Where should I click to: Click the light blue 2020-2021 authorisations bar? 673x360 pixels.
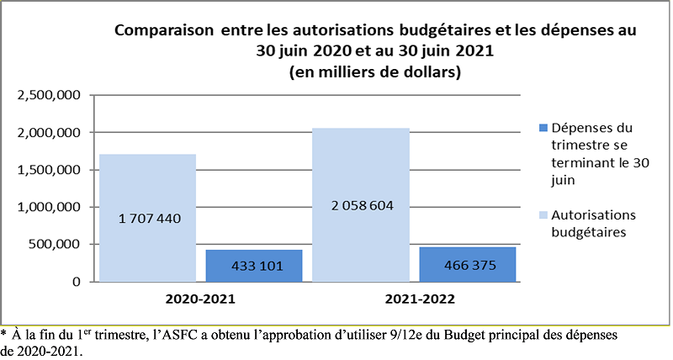148,218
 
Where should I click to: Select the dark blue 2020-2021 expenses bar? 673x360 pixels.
254,266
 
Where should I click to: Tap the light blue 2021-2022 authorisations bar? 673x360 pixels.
361,204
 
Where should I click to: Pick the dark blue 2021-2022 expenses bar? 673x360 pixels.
468,264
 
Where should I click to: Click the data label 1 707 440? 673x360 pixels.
150,219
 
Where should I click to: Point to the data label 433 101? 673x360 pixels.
257,267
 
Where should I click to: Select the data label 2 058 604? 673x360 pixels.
363,206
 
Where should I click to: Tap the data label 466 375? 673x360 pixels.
470,266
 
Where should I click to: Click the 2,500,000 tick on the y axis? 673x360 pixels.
49,95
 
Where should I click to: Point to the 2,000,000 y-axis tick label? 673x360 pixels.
49,133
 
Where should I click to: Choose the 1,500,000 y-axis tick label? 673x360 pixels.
49,170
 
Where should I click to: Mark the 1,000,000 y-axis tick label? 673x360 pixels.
49,207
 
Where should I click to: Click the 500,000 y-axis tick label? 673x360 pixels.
55,245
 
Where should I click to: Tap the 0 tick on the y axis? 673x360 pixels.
77,282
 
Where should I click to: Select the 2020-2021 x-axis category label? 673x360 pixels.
200,299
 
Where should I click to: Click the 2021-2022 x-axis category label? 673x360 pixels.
420,299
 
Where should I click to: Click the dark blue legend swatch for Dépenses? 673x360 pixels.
543,128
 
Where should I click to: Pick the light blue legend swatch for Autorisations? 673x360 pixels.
543,215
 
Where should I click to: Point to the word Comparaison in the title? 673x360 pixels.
164,31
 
